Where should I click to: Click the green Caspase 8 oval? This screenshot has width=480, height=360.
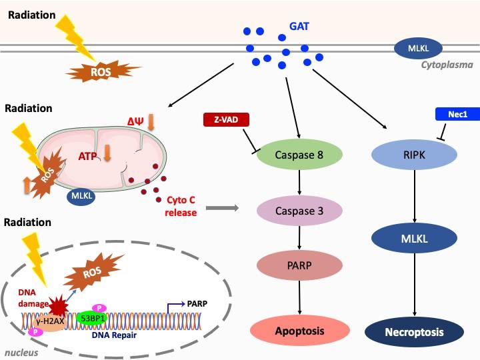299,155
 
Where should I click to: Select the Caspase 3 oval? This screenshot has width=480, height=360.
299,211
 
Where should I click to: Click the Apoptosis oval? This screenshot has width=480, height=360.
299,331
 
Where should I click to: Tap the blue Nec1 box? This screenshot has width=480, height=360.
457,115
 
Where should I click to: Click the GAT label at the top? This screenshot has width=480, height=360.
299,27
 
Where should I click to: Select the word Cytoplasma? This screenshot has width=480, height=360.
447,65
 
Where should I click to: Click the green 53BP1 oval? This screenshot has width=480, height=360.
93,318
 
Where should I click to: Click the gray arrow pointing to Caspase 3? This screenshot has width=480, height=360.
221,209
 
